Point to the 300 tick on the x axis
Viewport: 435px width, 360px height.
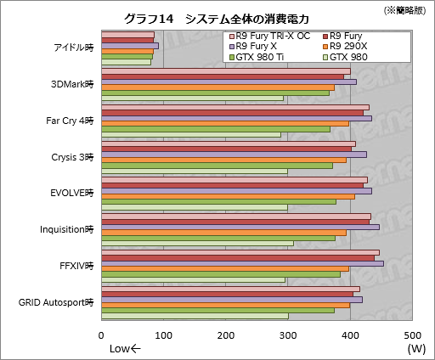point(288,335)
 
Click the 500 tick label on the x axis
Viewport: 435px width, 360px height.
point(412,335)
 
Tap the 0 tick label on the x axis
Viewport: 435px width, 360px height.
point(102,335)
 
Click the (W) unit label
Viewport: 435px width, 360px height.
point(415,349)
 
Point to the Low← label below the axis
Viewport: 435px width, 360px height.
point(125,349)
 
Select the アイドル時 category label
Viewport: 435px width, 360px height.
point(73,48)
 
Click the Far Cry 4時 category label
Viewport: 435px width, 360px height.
point(71,120)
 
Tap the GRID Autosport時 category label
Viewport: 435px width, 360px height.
point(56,302)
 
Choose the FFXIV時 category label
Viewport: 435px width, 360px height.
point(76,266)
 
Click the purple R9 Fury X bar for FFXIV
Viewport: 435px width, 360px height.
point(242,263)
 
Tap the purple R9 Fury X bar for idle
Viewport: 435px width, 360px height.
point(130,46)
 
